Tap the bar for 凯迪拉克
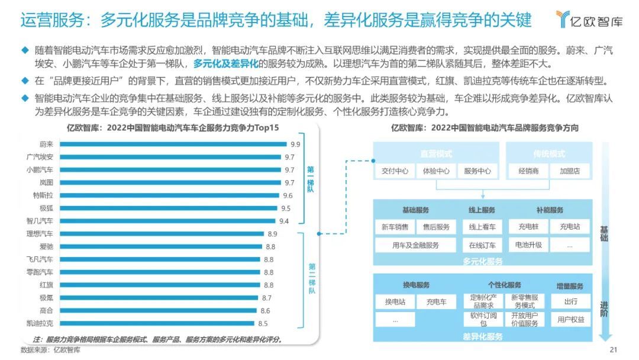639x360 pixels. pos(157,323)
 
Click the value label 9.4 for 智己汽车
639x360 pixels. pos(284,221)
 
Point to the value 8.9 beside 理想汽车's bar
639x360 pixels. pos(272,234)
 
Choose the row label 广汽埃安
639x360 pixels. pos(40,157)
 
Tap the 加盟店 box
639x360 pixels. pos(570,171)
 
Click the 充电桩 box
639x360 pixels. pos(528,227)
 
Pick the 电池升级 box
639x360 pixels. pos(528,245)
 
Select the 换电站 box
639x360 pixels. pos(395,301)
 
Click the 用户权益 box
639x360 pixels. pos(570,319)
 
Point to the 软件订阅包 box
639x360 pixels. pos(483,319)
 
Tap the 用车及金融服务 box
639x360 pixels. pos(415,245)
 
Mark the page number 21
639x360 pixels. pos(613,349)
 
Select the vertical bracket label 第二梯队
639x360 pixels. pos(311,278)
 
